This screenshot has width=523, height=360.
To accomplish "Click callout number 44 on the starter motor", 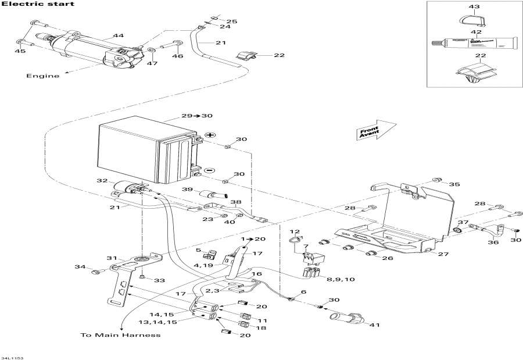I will [119, 36].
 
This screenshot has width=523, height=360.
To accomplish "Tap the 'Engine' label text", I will [42, 76].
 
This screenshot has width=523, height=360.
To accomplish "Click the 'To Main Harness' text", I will [120, 335].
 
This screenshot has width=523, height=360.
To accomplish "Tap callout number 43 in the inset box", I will [474, 7].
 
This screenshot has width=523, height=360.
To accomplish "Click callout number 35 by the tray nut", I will [454, 184].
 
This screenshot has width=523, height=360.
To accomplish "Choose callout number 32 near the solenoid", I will [102, 181].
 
